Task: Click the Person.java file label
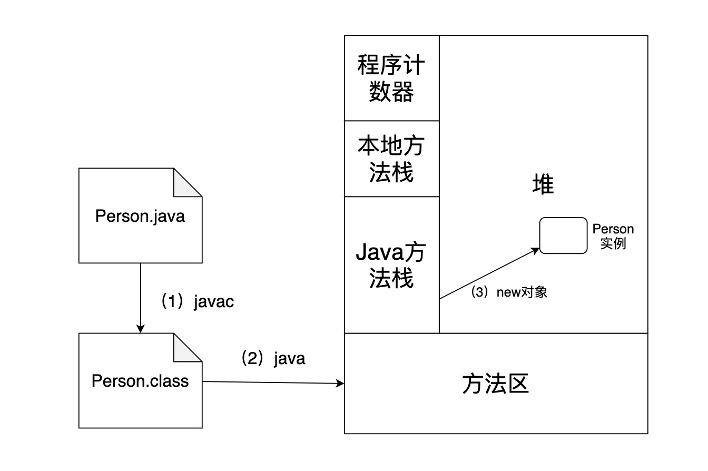tap(140, 216)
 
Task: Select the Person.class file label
tap(140, 380)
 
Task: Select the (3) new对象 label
tap(509, 292)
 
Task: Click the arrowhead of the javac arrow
tap(140, 329)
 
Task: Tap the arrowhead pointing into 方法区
tap(340, 384)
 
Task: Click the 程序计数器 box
tap(391, 78)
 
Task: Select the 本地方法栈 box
tap(391, 159)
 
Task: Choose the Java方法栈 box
tap(391, 265)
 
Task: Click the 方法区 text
tap(495, 384)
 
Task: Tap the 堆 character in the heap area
tap(543, 185)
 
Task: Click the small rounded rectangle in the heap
tap(563, 235)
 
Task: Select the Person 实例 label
tap(613, 237)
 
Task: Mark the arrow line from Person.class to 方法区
tap(271, 382)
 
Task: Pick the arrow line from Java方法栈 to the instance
tap(487, 274)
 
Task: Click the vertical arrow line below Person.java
tap(140, 295)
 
